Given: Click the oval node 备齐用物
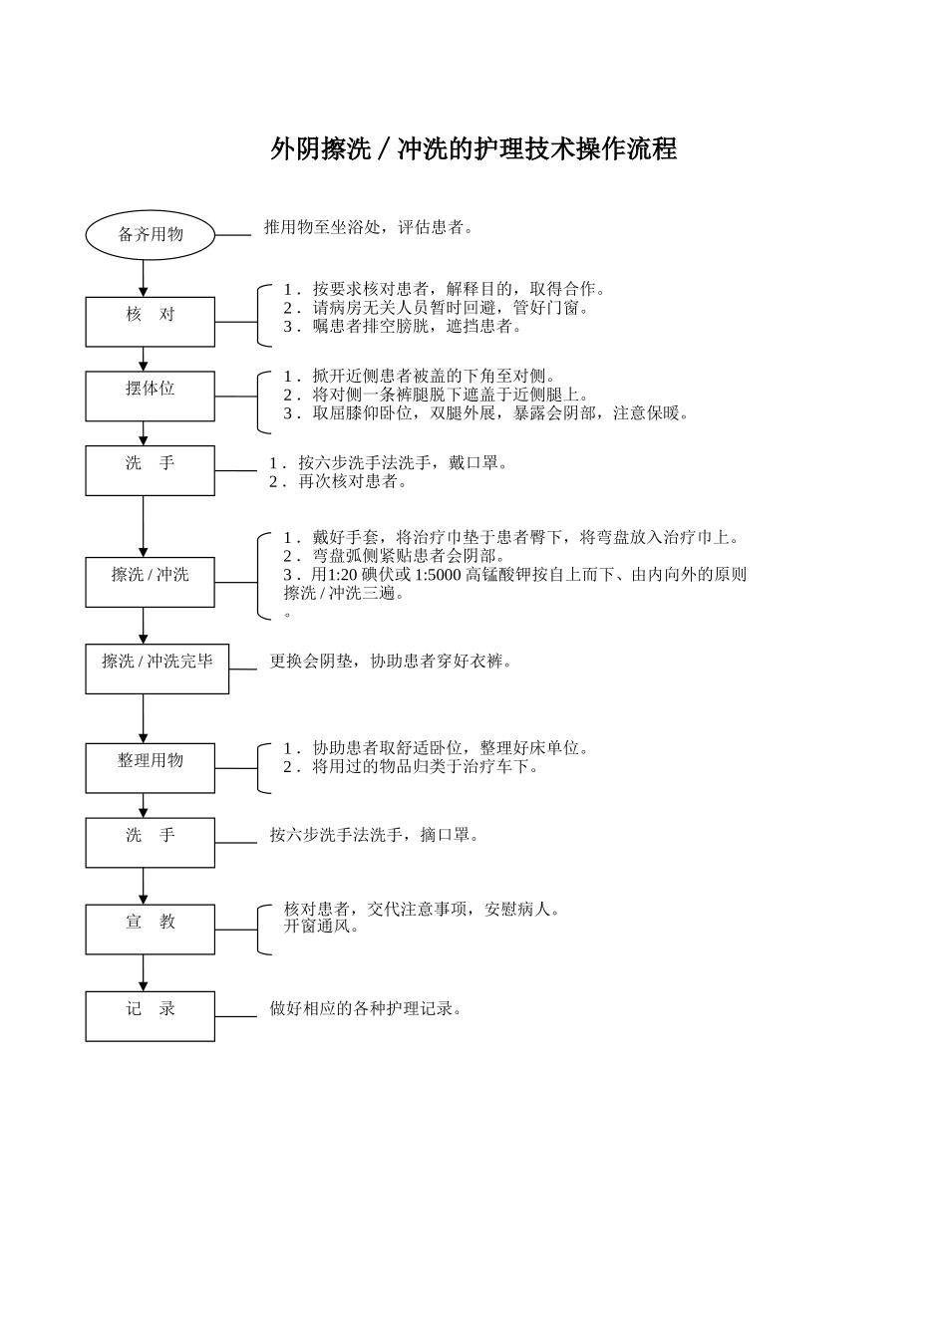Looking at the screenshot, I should point(151,235).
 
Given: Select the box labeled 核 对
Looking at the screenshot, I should point(150,321).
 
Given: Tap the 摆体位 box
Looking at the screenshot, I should point(150,396).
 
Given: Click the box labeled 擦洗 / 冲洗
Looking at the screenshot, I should point(150,582).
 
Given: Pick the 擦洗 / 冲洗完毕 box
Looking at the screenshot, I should point(157,669).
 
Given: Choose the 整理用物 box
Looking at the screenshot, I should point(150,767).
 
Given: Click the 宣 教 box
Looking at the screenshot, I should point(150,929).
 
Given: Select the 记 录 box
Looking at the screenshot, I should point(150,1015).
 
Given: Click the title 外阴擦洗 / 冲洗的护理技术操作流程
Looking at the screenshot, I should point(473,149).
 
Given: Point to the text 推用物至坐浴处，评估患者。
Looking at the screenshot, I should point(368,228).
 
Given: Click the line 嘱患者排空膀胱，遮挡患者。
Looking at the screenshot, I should point(417,327).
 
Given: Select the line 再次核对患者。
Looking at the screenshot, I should point(353,482).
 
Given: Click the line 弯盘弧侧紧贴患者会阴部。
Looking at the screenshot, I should point(409,557).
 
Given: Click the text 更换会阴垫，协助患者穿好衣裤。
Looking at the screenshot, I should point(391,662).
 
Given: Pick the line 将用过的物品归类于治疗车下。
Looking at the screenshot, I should point(425,767).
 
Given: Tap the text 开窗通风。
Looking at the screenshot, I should point(322,928).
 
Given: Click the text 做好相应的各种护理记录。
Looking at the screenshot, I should point(366,1009).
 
